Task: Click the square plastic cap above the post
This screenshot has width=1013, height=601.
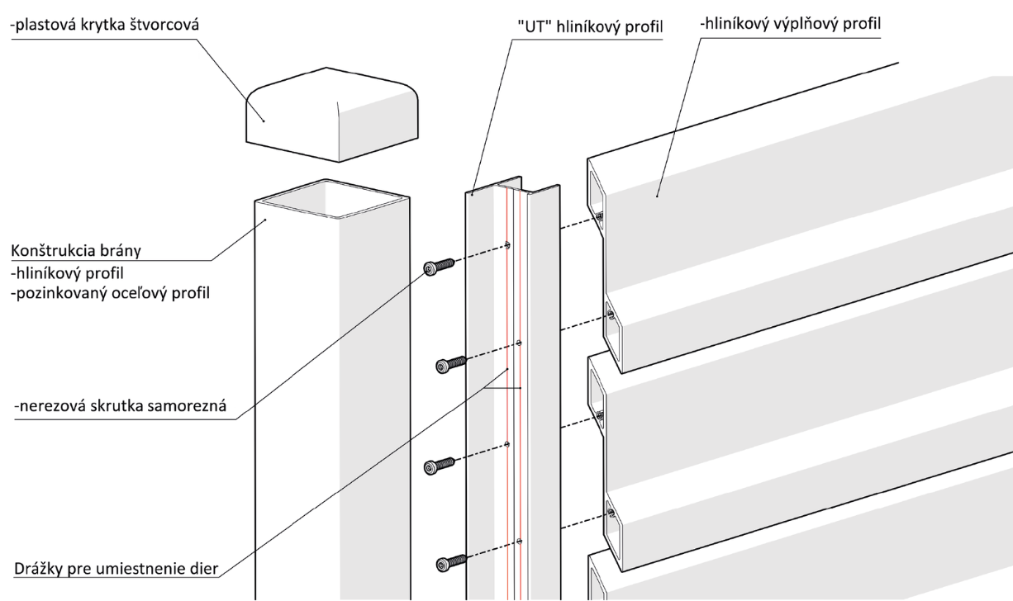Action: [332, 115]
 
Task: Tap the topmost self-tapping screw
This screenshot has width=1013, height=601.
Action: [439, 267]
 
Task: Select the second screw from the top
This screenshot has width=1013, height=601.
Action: [451, 364]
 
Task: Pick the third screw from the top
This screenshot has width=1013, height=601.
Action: [439, 466]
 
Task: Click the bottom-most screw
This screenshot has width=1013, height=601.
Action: [451, 563]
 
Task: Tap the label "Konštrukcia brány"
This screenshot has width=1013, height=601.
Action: [76, 251]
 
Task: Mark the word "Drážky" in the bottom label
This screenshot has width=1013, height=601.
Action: [38, 569]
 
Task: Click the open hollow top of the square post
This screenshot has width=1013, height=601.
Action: [332, 199]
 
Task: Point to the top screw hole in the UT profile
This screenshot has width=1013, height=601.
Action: [507, 246]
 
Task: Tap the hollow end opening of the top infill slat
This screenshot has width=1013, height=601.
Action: [597, 204]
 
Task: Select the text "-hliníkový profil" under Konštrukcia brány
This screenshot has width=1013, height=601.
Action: [67, 273]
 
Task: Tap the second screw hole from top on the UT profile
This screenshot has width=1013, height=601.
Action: [519, 343]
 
